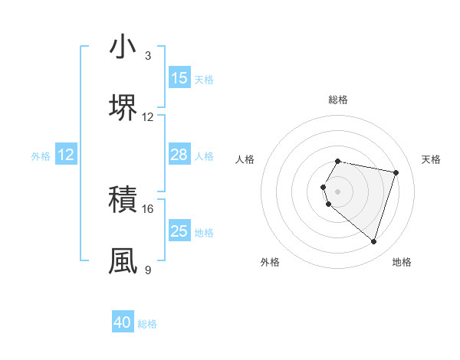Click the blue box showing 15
click(x=179, y=78)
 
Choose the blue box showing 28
click(x=179, y=155)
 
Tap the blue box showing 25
click(x=179, y=231)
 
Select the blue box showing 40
click(x=123, y=322)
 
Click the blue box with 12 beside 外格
click(x=66, y=155)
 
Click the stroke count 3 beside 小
click(x=148, y=56)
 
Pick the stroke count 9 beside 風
click(x=148, y=270)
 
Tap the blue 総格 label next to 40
click(x=147, y=324)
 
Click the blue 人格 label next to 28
click(x=204, y=156)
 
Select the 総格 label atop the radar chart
click(x=338, y=100)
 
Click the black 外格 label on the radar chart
click(x=270, y=262)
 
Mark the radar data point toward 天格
click(x=396, y=172)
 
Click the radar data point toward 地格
click(x=373, y=241)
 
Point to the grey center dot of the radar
click(x=338, y=191)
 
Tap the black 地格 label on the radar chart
click(x=402, y=262)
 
